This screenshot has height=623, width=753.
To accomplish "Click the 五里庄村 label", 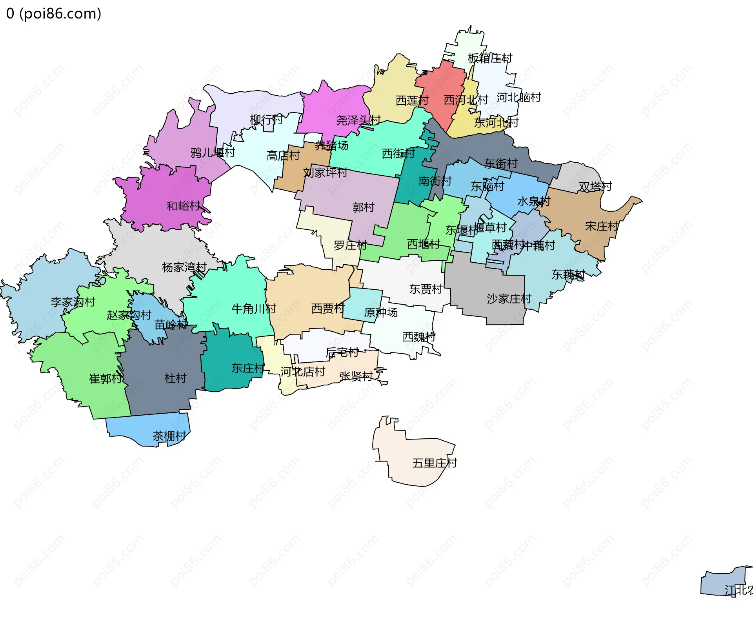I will [435, 463].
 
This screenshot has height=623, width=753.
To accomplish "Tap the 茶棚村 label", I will [169, 436].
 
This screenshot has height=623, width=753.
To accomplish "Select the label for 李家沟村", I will [73, 302].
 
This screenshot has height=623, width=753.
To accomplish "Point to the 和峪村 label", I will [184, 206].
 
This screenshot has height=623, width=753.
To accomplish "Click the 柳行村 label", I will [266, 119].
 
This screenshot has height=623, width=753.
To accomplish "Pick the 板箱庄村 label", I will [490, 58].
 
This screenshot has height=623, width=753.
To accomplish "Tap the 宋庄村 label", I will [602, 226].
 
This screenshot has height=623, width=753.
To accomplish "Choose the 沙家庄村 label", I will [509, 299].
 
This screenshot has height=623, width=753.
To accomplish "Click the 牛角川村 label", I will [254, 309].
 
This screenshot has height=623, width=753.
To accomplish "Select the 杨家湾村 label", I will [184, 267].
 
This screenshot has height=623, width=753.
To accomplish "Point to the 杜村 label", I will [175, 378].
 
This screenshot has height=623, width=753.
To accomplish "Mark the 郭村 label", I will [364, 207].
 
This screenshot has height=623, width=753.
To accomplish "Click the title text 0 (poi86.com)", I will [54, 14].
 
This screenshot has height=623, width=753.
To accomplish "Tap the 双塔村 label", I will [595, 186].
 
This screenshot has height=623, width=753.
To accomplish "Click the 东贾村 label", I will [426, 289].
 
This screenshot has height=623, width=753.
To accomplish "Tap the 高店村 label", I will [283, 156].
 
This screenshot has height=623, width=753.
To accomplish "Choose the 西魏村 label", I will [419, 337].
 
